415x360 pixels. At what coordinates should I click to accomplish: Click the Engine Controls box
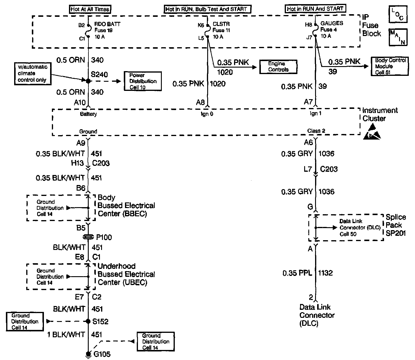pyautogui.click(x=278, y=67)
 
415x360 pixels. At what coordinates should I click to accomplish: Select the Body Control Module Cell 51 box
pyautogui.click(x=390, y=66)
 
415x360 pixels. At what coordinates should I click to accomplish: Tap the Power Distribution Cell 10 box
pyautogui.click(x=143, y=81)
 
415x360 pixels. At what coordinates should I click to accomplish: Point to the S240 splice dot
pyautogui.click(x=88, y=81)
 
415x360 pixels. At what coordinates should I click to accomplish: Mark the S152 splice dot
pyautogui.click(x=88, y=321)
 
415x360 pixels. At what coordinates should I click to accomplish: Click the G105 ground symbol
pyautogui.click(x=88, y=354)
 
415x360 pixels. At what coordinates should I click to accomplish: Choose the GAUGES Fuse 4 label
pyautogui.click(x=332, y=30)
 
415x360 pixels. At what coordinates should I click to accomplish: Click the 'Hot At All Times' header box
pyautogui.click(x=90, y=9)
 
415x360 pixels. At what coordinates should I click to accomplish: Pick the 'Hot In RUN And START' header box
pyautogui.click(x=315, y=9)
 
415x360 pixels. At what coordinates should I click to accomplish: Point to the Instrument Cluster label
pyautogui.click(x=380, y=114)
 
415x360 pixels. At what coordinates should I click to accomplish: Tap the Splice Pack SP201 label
pyautogui.click(x=396, y=225)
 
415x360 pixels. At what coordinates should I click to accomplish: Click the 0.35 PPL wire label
pyautogui.click(x=297, y=273)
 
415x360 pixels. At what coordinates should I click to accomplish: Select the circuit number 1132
pyautogui.click(x=325, y=273)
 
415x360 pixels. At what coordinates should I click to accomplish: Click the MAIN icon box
pyautogui.click(x=398, y=37)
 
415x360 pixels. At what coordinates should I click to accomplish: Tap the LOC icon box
pyautogui.click(x=398, y=15)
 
